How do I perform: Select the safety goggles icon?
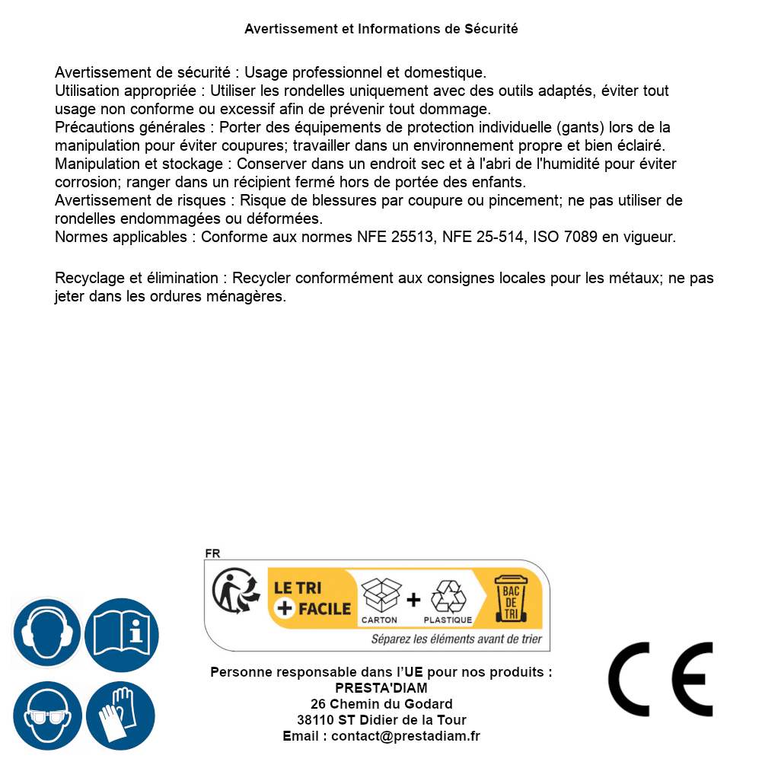[47, 716]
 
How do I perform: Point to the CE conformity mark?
[661, 679]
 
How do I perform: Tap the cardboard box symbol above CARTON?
[380, 594]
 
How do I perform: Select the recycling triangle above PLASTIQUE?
[448, 596]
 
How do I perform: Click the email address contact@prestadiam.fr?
[405, 736]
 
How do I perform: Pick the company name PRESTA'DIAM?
[381, 688]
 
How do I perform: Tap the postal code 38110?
[315, 720]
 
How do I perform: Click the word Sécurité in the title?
[491, 29]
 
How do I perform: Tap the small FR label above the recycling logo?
[212, 553]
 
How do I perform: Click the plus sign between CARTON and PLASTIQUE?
[413, 599]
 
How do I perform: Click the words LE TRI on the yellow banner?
[297, 588]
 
